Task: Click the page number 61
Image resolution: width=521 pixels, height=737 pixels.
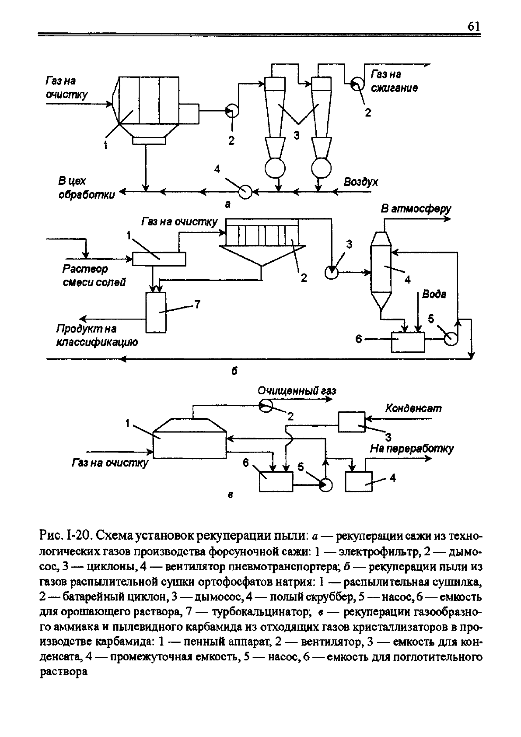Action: [x=473, y=26]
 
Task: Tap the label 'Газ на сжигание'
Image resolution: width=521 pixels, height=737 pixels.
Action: [x=395, y=81]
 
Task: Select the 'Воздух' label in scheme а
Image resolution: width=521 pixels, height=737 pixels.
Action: [x=361, y=182]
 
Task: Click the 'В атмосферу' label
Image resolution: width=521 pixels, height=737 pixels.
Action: [x=416, y=209]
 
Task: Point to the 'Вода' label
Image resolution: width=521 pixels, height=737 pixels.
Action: [x=434, y=294]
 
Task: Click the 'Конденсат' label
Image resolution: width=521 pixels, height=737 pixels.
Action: [x=413, y=408]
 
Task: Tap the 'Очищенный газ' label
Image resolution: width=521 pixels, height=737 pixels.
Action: [x=297, y=390]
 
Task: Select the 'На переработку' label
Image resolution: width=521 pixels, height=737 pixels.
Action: [x=412, y=449]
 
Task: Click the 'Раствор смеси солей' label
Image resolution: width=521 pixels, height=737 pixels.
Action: [x=94, y=275]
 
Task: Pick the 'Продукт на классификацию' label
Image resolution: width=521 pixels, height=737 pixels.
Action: [x=97, y=335]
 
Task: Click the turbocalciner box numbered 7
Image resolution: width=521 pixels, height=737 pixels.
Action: [x=156, y=312]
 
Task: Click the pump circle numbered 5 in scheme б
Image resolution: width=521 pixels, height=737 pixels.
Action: [x=451, y=339]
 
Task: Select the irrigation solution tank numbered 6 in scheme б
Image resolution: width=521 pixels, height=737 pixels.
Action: [x=408, y=342]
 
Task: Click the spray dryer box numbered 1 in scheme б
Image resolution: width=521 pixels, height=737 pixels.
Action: [x=159, y=259]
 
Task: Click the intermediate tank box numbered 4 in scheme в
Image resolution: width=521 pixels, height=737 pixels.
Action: [x=359, y=481]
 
